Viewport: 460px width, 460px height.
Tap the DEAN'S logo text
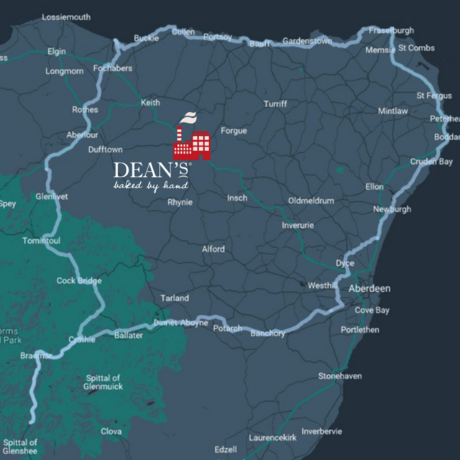(x=151, y=170)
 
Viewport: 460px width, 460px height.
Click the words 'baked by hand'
(x=151, y=186)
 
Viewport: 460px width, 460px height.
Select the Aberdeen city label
(x=369, y=288)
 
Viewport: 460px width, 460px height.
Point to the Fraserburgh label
(x=392, y=31)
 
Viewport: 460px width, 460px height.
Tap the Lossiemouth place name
(x=67, y=16)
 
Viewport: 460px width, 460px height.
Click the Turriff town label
(x=275, y=104)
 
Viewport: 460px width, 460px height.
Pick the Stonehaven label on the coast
(x=340, y=376)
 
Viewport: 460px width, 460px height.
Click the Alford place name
(x=213, y=249)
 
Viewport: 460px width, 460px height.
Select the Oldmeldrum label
(x=310, y=201)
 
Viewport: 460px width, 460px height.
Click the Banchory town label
(x=267, y=333)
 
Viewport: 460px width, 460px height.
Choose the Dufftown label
(x=105, y=149)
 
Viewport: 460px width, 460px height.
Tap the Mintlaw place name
(x=392, y=111)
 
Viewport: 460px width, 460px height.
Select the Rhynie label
(x=180, y=202)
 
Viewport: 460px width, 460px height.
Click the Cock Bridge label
(x=79, y=280)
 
